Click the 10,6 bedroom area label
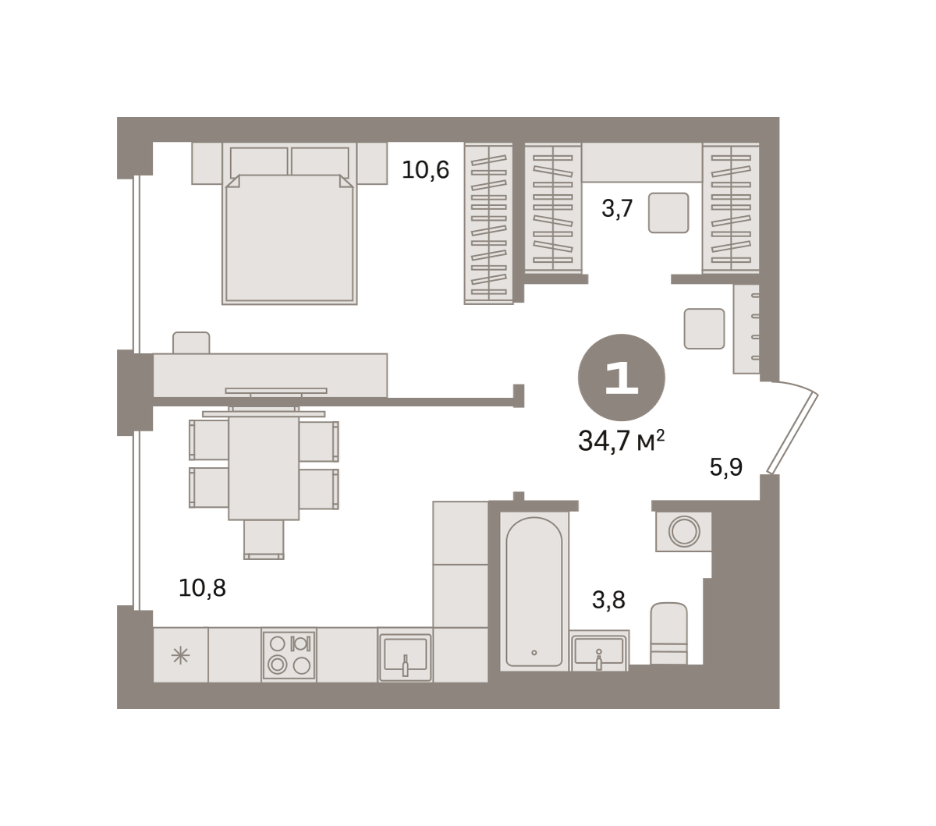click(425, 170)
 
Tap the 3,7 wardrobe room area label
click(617, 208)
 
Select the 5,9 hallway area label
click(726, 466)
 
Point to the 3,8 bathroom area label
click(608, 600)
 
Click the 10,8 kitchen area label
click(202, 588)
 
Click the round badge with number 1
click(621, 378)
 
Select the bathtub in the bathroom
click(534, 591)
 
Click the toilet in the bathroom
click(668, 633)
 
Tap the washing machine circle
click(684, 531)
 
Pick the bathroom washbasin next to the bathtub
click(599, 651)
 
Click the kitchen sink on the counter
click(405, 654)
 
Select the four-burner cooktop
click(289, 654)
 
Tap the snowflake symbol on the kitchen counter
click(180, 655)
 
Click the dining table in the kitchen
click(264, 467)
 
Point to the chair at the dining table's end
click(264, 540)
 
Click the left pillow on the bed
click(259, 161)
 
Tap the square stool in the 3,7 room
click(668, 212)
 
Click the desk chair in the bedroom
click(191, 342)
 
